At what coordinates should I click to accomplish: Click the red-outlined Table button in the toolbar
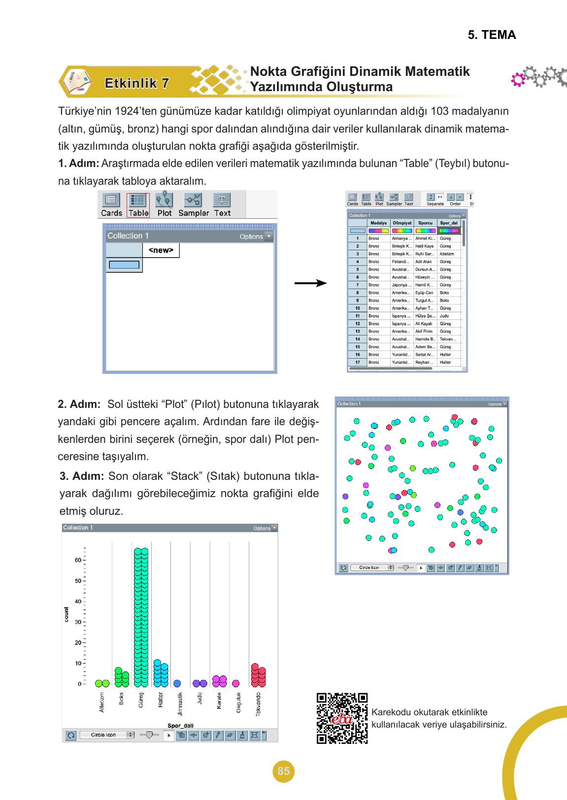click(138, 205)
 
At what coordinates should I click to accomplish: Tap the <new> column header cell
click(161, 250)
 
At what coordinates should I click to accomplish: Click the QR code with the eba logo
click(342, 718)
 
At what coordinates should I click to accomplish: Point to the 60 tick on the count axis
click(78, 560)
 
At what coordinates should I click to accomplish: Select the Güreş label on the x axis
click(141, 700)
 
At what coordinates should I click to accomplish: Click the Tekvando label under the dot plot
click(259, 704)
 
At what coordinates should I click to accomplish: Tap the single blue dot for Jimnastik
click(177, 683)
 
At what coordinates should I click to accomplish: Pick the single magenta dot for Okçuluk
click(236, 683)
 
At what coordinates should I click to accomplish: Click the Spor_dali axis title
click(180, 726)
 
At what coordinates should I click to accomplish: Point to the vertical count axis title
click(67, 615)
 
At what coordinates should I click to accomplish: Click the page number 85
click(283, 771)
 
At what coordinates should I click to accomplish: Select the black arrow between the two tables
click(310, 283)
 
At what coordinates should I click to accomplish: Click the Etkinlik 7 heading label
click(137, 83)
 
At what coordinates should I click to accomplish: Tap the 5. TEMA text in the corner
click(492, 35)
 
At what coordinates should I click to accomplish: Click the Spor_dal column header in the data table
click(448, 223)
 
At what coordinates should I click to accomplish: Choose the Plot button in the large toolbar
click(164, 205)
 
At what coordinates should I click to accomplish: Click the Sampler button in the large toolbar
click(193, 205)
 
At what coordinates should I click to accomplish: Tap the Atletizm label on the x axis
click(102, 702)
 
